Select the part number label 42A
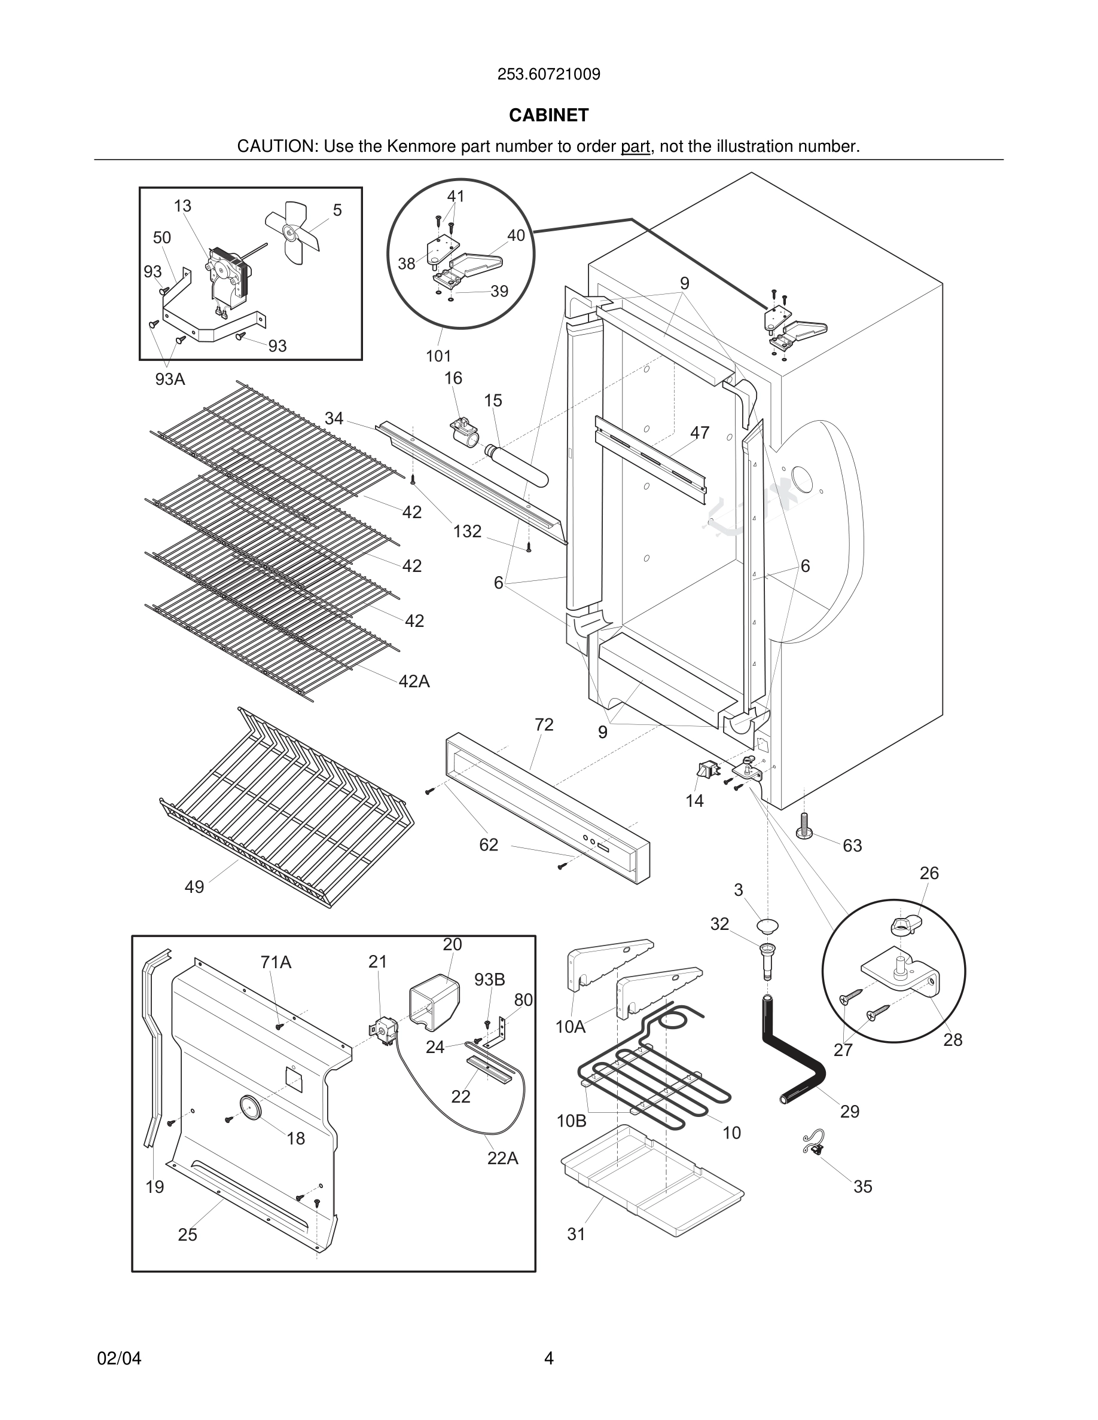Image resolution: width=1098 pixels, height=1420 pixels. pos(414,681)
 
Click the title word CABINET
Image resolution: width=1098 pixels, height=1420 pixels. pos(548,115)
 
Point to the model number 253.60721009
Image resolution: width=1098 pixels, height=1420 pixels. pos(548,74)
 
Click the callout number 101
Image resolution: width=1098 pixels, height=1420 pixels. pos(438,356)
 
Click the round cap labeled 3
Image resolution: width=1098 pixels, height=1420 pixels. pos(767,926)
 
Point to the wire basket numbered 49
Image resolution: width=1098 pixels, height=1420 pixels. pos(286,813)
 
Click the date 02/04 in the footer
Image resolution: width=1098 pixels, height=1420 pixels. pos(119,1358)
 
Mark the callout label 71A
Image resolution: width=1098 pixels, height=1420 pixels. pos(276,962)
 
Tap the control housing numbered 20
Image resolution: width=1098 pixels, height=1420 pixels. pos(434,1004)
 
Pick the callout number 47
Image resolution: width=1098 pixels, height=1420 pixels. pos(699,432)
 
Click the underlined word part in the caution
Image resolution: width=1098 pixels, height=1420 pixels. pos(635,146)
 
